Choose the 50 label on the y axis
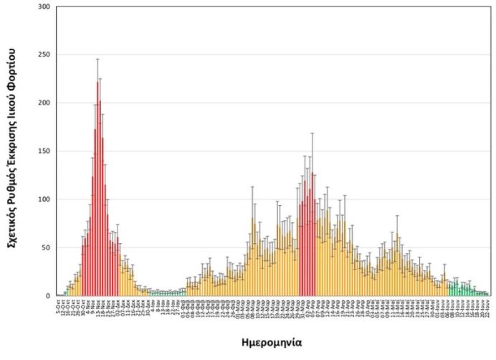point(47,247)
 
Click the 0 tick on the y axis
point(49,295)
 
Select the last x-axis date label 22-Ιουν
point(487,308)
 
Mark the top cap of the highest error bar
point(97,59)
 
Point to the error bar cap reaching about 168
point(313,133)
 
